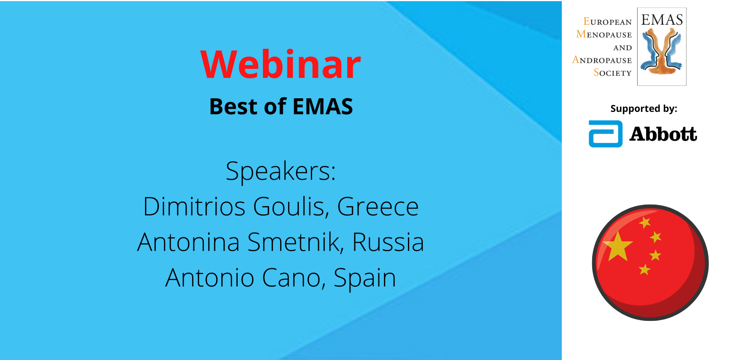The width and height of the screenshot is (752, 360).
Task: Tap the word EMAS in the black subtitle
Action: (x=323, y=107)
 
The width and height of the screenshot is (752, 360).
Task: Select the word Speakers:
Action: (x=281, y=171)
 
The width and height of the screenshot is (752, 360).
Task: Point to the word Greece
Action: (x=378, y=207)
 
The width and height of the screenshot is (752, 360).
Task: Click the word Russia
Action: (x=388, y=242)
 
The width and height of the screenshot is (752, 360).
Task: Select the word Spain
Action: (x=365, y=278)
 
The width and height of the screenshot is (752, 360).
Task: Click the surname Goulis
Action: (x=291, y=207)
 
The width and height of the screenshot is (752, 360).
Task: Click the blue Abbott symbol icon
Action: (x=605, y=134)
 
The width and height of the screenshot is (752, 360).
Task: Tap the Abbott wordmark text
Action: (x=663, y=134)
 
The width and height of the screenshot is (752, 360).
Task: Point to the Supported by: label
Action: (x=644, y=109)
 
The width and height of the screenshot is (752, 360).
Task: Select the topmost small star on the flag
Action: (x=645, y=222)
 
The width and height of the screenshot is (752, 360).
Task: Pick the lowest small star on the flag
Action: (x=645, y=270)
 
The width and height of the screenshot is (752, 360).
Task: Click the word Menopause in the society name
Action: (x=604, y=34)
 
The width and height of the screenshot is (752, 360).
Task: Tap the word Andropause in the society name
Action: (x=602, y=60)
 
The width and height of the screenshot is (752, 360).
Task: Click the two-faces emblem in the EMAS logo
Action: (x=661, y=52)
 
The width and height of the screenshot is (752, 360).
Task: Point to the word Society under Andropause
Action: (x=613, y=72)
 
